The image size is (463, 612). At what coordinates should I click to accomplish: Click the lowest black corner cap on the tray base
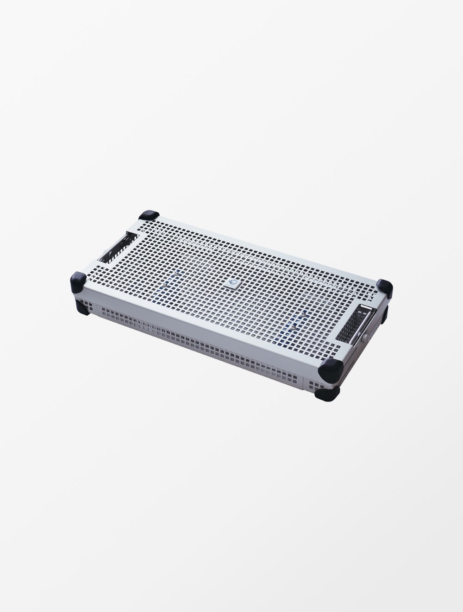[327, 393]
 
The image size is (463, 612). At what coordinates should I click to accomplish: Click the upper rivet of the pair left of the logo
[175, 275]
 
